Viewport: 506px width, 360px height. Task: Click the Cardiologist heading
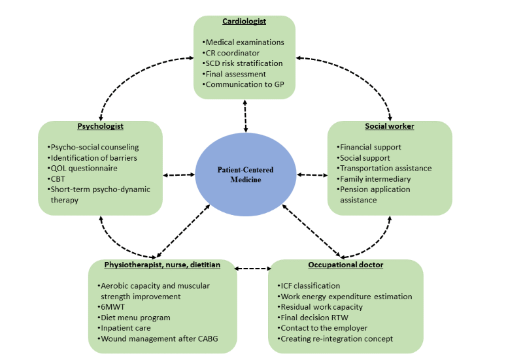click(244, 22)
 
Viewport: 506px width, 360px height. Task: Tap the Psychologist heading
click(100, 125)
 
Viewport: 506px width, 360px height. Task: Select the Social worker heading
click(389, 125)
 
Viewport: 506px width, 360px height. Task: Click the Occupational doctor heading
click(345, 265)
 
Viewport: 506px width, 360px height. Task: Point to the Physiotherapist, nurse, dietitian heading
click(162, 265)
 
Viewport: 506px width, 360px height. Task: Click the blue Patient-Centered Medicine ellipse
click(245, 174)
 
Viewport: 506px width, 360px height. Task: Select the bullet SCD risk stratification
click(243, 63)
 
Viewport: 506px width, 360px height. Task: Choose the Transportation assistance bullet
click(384, 168)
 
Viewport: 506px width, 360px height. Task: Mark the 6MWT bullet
click(113, 307)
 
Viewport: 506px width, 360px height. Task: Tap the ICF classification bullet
click(309, 286)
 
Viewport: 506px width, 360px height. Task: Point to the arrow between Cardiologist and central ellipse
click(246, 116)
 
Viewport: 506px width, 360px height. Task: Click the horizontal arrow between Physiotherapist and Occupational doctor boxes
click(252, 269)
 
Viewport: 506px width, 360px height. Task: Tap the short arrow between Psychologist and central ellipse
click(178, 175)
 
